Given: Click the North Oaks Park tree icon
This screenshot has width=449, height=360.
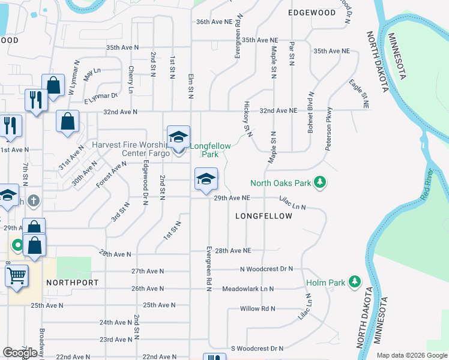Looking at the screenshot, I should coord(321,182).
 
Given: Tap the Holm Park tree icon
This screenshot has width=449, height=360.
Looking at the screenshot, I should coord(355,281).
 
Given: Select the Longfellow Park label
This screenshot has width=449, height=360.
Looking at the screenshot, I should coord(204,150).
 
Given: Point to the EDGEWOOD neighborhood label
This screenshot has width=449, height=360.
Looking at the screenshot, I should coord(312,13).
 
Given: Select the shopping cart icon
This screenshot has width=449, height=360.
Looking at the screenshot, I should coord(16,277).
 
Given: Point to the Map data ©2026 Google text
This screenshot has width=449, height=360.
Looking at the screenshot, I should coord(411,355).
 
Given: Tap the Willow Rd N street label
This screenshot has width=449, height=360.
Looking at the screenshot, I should coord(258,308).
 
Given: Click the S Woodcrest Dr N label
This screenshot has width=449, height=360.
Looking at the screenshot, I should coord(257,348).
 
